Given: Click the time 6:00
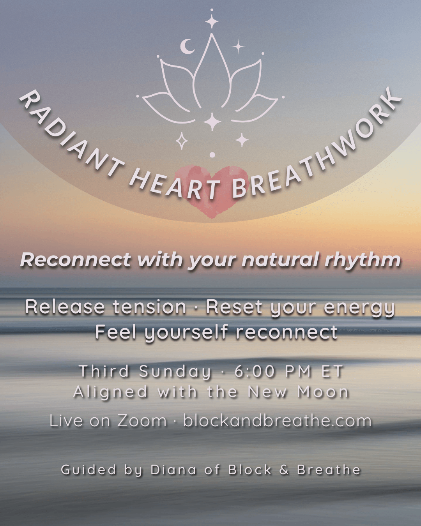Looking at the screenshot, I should click(255, 371).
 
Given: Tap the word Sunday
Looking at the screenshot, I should click(175, 372).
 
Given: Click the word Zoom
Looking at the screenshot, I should click(142, 421).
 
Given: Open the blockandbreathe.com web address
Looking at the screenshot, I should click(277, 421).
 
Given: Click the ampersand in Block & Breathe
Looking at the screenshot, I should click(284, 470).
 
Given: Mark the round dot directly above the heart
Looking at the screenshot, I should click(212, 155).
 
